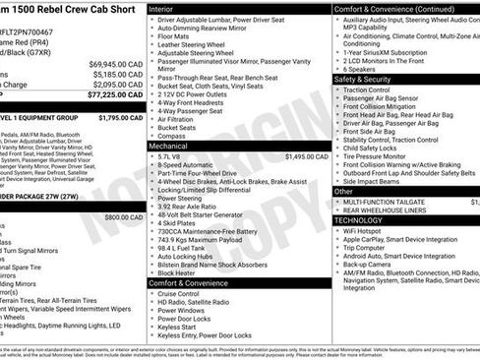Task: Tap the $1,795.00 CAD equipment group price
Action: pyautogui.click(x=121, y=117)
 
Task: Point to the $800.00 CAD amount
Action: pyautogui.click(x=124, y=216)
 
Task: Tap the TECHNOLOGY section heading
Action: pyautogui.click(x=357, y=220)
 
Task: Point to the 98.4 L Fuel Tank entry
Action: pyautogui.click(x=185, y=247)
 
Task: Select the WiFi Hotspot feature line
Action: pyautogui.click(x=365, y=231)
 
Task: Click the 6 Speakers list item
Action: pyautogui.click(x=360, y=69)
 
